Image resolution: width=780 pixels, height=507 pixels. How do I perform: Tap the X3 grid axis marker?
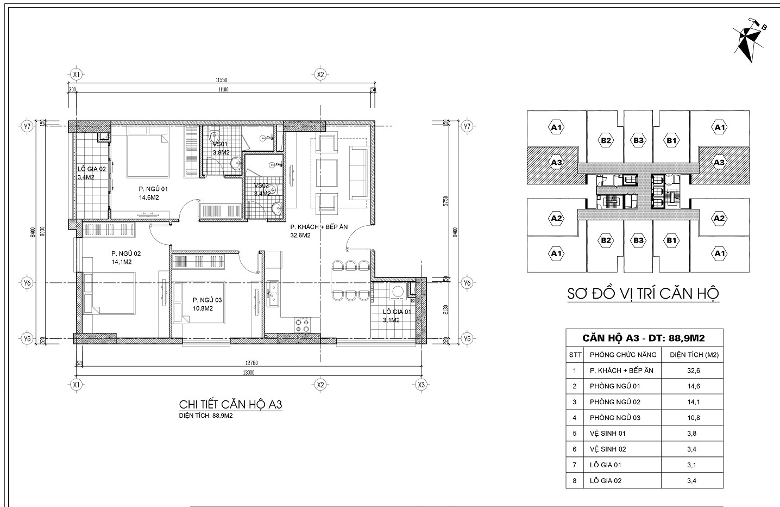421,385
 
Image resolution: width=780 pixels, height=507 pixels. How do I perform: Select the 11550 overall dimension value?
220,79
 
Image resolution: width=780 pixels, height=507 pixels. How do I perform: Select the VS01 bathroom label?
219,145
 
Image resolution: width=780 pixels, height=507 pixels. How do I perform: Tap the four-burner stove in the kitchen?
302,325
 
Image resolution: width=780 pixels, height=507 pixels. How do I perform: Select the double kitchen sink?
273,294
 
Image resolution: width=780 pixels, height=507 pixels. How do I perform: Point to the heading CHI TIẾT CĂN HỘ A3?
231,405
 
